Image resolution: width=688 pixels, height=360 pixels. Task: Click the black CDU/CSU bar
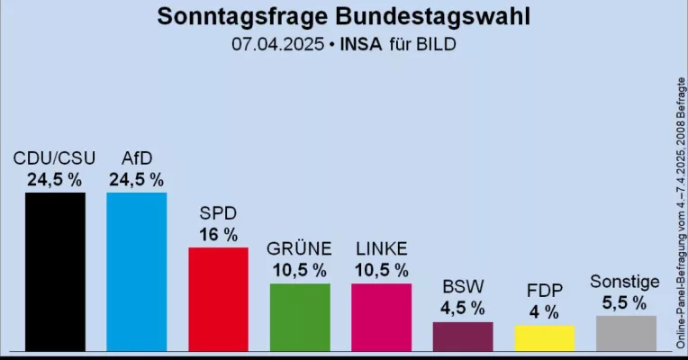tap(55, 270)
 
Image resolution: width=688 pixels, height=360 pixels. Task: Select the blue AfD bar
tap(136, 270)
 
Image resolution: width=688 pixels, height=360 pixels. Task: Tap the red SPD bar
tap(218, 298)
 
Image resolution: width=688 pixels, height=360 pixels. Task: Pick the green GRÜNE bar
tap(300, 316)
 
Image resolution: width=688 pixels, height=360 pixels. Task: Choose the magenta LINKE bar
tap(381, 316)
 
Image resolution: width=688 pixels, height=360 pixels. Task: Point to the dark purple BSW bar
tap(463, 336)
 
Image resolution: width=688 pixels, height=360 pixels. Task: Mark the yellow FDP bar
tap(544, 337)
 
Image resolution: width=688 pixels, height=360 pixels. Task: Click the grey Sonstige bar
tap(626, 332)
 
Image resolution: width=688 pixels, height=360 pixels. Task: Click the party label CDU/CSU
tap(54, 159)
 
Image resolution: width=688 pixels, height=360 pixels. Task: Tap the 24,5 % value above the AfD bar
tap(136, 180)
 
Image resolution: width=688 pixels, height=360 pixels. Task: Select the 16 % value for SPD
tap(218, 235)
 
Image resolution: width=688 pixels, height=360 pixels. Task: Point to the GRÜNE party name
tap(300, 248)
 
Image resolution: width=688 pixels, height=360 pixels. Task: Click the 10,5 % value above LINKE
tap(381, 270)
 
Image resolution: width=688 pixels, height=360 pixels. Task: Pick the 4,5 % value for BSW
tap(463, 309)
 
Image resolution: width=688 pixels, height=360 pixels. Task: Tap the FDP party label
tap(544, 291)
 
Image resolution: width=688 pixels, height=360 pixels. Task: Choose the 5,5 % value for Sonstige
tap(625, 303)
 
